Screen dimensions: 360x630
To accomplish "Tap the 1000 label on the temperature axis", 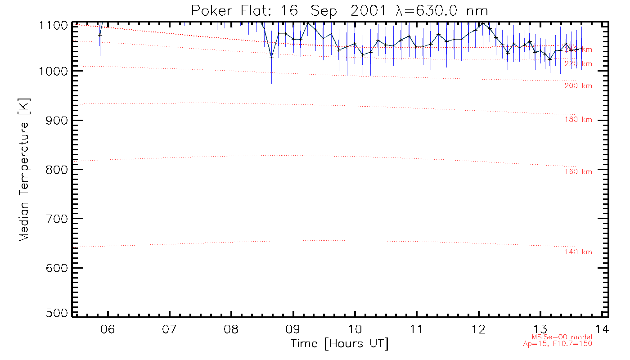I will (54, 71).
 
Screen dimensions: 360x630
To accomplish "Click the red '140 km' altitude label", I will (578, 252).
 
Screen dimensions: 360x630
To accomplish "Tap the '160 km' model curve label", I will (578, 172).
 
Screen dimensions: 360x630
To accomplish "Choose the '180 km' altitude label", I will (578, 120).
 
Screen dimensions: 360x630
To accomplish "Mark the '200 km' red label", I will (578, 86).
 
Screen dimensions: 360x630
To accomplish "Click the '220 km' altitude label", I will (578, 64).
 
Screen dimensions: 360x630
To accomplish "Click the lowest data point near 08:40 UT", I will (271, 57).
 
